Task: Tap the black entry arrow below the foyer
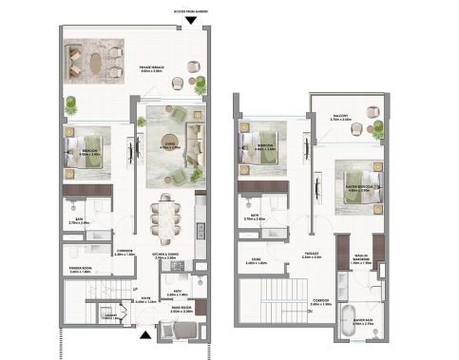click(144, 333)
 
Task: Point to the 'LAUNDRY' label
click(108, 316)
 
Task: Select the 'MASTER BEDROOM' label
click(363, 188)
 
